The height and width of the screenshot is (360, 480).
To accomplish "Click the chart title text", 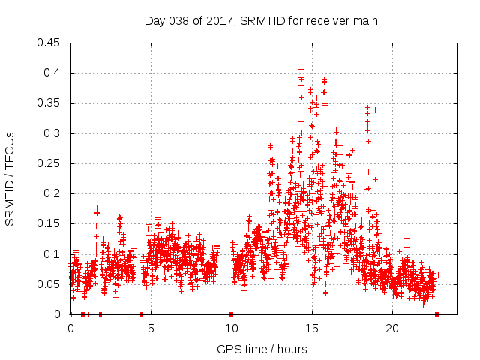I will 261,21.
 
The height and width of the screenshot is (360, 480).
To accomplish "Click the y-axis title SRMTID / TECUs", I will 10,178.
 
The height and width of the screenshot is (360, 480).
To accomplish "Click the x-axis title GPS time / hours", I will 262,349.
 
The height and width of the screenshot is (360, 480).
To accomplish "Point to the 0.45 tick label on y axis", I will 49,43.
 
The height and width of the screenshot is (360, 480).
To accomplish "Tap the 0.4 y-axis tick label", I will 52,73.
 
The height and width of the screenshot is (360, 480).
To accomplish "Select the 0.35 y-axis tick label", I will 49,103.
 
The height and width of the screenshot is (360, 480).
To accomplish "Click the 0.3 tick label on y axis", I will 52,133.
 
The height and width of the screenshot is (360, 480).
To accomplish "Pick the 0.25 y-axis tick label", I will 49,163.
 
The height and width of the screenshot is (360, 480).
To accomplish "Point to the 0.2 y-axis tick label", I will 52,193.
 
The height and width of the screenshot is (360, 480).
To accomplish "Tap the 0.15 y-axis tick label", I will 49,223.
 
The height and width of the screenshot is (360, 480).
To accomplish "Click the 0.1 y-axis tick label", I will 52,253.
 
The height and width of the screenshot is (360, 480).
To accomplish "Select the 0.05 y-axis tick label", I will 49,283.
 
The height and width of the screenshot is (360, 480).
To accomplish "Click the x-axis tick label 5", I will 151,328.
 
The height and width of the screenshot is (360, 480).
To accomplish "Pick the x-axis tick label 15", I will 311,328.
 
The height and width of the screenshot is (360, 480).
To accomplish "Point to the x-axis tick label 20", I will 391,328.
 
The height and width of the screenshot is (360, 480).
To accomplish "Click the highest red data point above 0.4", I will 301,70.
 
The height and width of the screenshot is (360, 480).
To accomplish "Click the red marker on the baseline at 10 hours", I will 231,313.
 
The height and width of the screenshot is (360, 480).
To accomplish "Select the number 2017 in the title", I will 218,21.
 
